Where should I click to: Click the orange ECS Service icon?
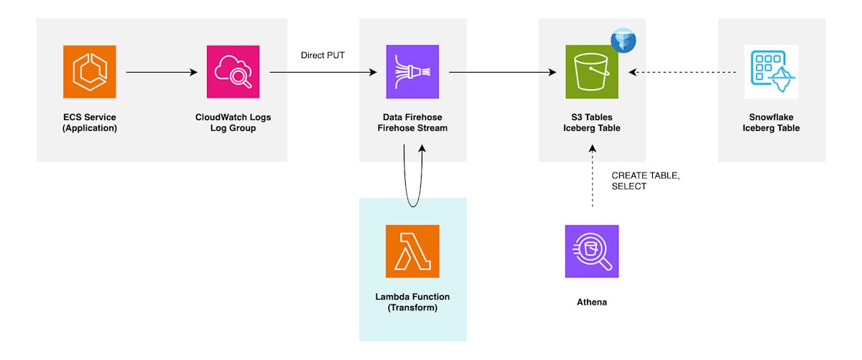point(90,72)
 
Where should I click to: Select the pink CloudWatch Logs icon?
point(233,72)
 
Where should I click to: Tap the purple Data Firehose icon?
point(412,72)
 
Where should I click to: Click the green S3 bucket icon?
point(592,72)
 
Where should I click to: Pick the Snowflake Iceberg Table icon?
point(771,72)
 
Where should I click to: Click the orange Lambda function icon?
point(412,251)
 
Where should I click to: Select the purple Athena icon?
point(592,251)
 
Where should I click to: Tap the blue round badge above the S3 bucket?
point(623,40)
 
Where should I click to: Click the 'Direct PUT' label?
point(323,55)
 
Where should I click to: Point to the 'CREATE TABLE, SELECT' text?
point(646,180)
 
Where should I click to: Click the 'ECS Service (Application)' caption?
point(90,122)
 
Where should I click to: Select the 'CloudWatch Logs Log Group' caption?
point(233,122)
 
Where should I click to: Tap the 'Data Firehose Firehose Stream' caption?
point(412,122)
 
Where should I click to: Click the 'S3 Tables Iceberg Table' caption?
point(592,122)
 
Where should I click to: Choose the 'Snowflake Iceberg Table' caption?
point(771,122)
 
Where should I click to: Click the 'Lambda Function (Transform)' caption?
point(412,302)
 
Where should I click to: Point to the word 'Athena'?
point(592,302)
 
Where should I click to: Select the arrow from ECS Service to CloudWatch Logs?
point(162,72)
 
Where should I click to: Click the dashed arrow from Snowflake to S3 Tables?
point(682,72)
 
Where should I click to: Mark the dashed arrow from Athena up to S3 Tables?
point(592,176)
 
